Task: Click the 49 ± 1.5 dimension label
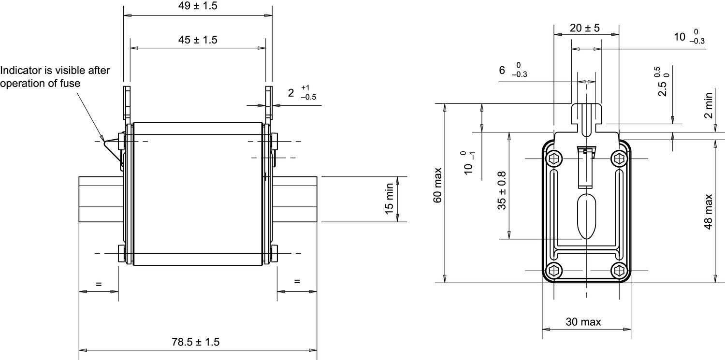pos(197,6)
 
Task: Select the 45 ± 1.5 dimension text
pos(197,40)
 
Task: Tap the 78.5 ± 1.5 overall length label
pos(195,342)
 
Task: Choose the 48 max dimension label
pos(708,212)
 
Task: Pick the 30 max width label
pos(583,322)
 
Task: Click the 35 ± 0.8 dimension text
pos(502,190)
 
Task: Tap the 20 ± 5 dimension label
pos(584,28)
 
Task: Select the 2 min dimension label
pos(708,105)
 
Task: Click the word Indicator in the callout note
pos(21,71)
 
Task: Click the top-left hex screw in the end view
pos(554,158)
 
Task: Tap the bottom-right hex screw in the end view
pos(619,271)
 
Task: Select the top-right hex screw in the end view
pos(619,158)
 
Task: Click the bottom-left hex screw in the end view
pos(554,271)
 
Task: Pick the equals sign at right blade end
pos(297,281)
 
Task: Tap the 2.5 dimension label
pos(663,87)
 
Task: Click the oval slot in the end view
pos(586,217)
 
